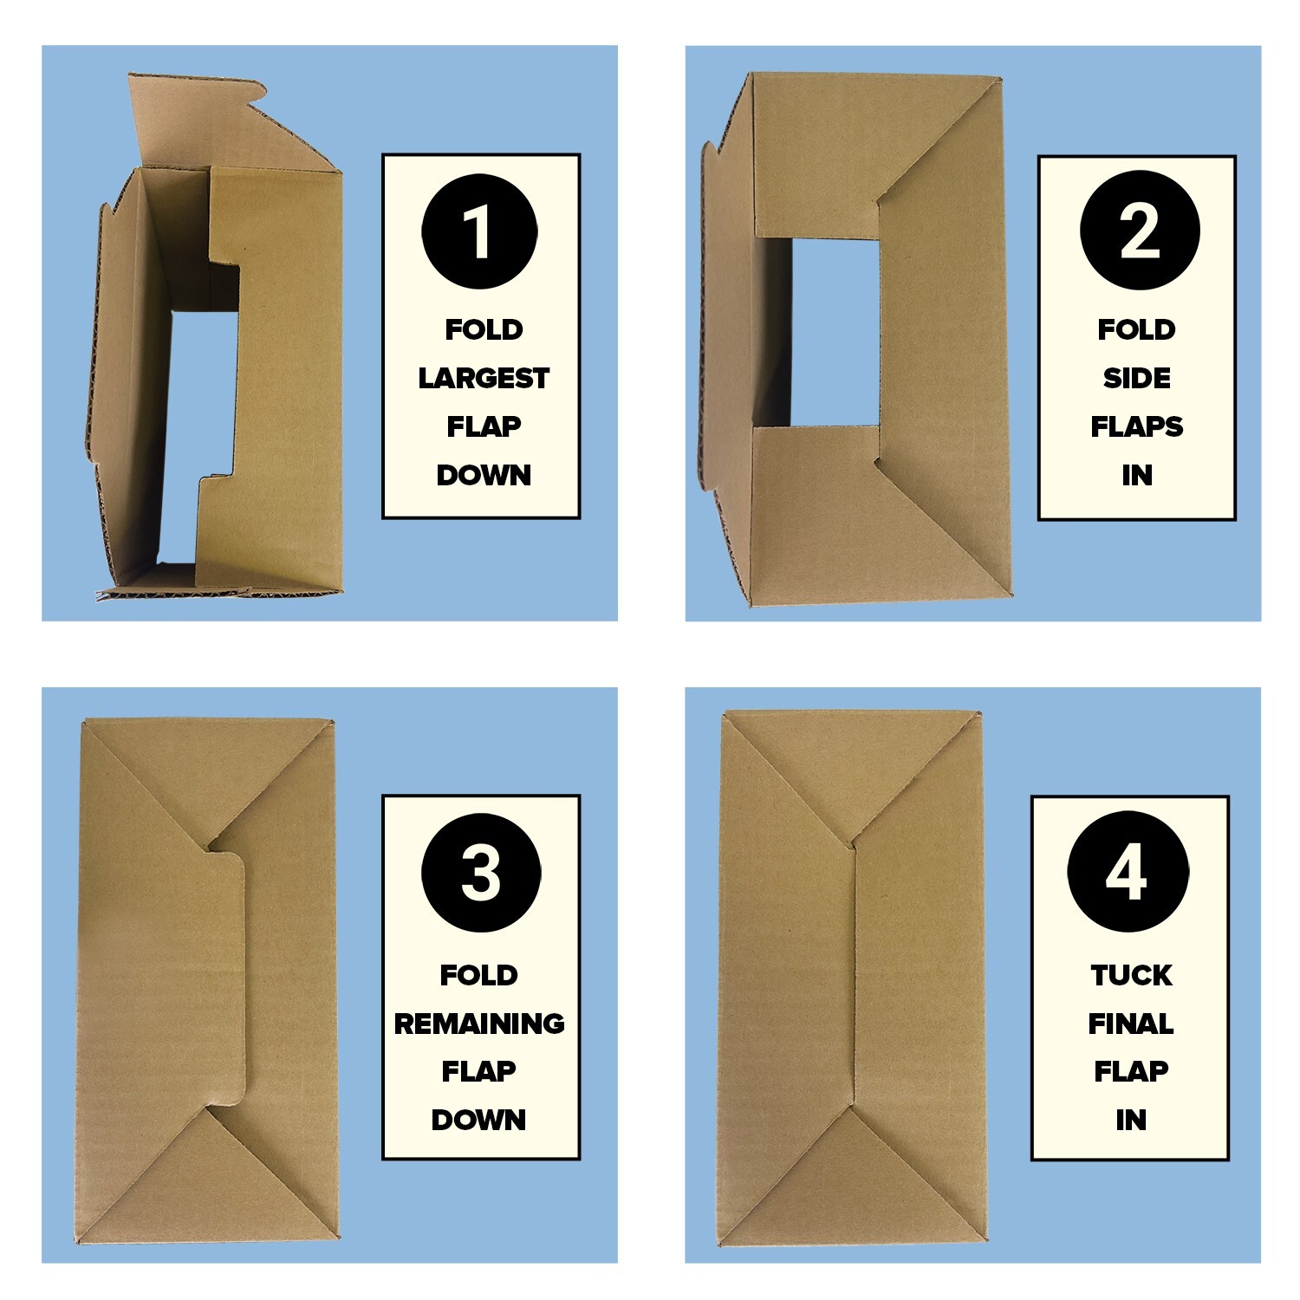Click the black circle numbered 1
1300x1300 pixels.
479,231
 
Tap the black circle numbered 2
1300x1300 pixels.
1139,231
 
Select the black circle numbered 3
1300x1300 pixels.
481,873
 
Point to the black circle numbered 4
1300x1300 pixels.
1128,872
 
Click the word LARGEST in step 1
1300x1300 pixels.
484,379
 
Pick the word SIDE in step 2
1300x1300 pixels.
1136,379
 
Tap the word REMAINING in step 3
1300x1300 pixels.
479,1024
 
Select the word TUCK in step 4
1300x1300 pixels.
1131,976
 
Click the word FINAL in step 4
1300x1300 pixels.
1131,1024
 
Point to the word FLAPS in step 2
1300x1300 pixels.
1136,427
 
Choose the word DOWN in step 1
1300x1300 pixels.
484,475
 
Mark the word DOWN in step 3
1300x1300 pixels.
479,1120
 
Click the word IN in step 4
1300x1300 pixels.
1131,1120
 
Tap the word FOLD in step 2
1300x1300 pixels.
1136,330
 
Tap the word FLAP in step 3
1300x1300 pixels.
479,1071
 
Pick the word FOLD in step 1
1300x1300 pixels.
484,330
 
